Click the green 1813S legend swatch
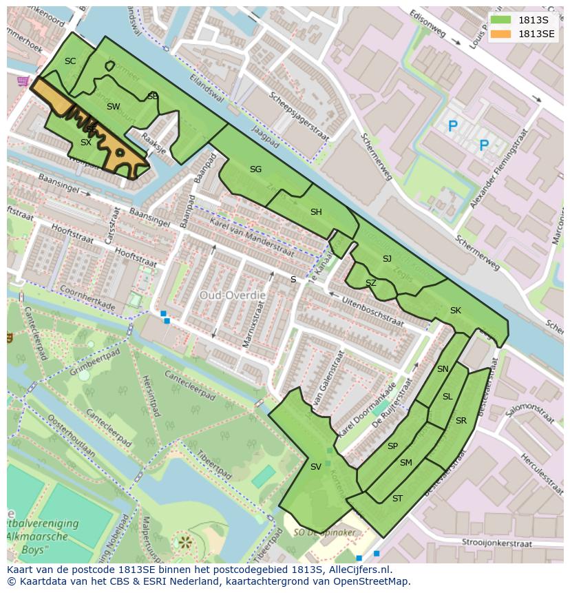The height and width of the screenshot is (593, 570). (x=501, y=20)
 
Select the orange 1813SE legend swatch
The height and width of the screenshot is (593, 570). (x=501, y=34)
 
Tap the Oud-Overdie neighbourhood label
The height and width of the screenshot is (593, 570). (x=232, y=295)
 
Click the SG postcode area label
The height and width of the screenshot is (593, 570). (x=255, y=169)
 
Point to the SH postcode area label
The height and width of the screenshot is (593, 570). (x=316, y=212)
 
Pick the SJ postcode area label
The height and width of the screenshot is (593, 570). (x=387, y=259)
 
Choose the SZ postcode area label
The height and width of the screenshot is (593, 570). (x=371, y=283)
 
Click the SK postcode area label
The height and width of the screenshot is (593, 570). (x=455, y=311)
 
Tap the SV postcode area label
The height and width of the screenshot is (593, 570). (x=315, y=467)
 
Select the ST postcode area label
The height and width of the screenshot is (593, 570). (x=397, y=499)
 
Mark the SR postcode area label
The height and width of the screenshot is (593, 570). (x=461, y=421)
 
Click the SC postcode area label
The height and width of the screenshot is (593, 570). (x=70, y=61)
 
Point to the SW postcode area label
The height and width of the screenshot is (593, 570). (x=113, y=107)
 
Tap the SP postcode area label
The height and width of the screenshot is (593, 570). (x=392, y=446)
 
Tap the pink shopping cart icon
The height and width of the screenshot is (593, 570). (x=23, y=81)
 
